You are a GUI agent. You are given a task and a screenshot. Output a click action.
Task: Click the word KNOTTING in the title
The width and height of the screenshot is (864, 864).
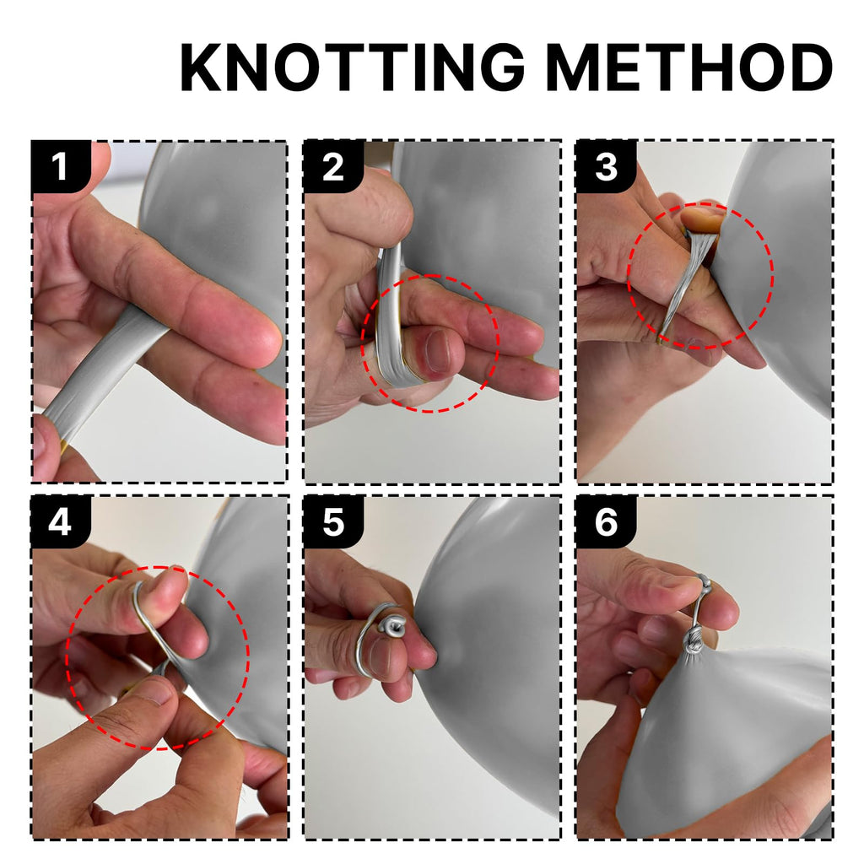pyautogui.click(x=352, y=67)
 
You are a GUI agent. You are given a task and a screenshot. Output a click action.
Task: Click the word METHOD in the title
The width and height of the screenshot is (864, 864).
pyautogui.click(x=690, y=67)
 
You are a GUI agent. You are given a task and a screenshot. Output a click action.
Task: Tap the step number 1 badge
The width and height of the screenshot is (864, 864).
pyautogui.click(x=61, y=166)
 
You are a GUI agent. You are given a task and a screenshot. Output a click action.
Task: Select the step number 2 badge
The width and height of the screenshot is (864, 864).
pyautogui.click(x=332, y=166)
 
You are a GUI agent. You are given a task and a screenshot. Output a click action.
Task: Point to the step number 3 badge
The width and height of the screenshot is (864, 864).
pyautogui.click(x=606, y=166)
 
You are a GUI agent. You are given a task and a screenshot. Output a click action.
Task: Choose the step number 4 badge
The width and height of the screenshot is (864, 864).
pyautogui.click(x=61, y=521)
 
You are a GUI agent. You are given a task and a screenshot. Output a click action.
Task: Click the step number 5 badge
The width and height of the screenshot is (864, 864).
pyautogui.click(x=332, y=521)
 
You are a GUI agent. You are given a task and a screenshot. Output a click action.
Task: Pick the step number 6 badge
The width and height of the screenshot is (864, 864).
pyautogui.click(x=606, y=521)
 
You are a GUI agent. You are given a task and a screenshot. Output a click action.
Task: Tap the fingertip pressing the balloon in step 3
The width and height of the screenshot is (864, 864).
pyautogui.click(x=701, y=219)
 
